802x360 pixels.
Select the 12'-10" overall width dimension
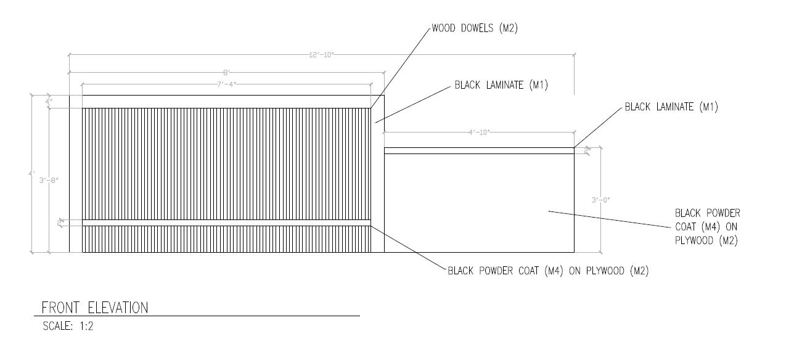(321, 54)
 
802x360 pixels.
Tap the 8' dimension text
(226, 72)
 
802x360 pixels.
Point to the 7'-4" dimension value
(226, 84)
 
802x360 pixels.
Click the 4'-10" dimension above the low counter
(479, 132)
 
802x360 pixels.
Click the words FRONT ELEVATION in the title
(95, 308)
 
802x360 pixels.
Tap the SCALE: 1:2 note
(68, 326)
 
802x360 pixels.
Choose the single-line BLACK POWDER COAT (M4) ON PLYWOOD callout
(548, 271)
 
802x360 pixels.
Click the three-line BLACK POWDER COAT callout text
(708, 227)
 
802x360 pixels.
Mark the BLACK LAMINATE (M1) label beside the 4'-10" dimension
(671, 107)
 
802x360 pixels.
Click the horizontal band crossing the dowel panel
(226, 223)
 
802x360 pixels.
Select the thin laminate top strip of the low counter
(479, 150)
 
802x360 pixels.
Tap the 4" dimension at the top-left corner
(49, 101)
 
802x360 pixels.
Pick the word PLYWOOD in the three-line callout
(695, 240)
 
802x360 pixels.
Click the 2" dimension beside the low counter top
(587, 149)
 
